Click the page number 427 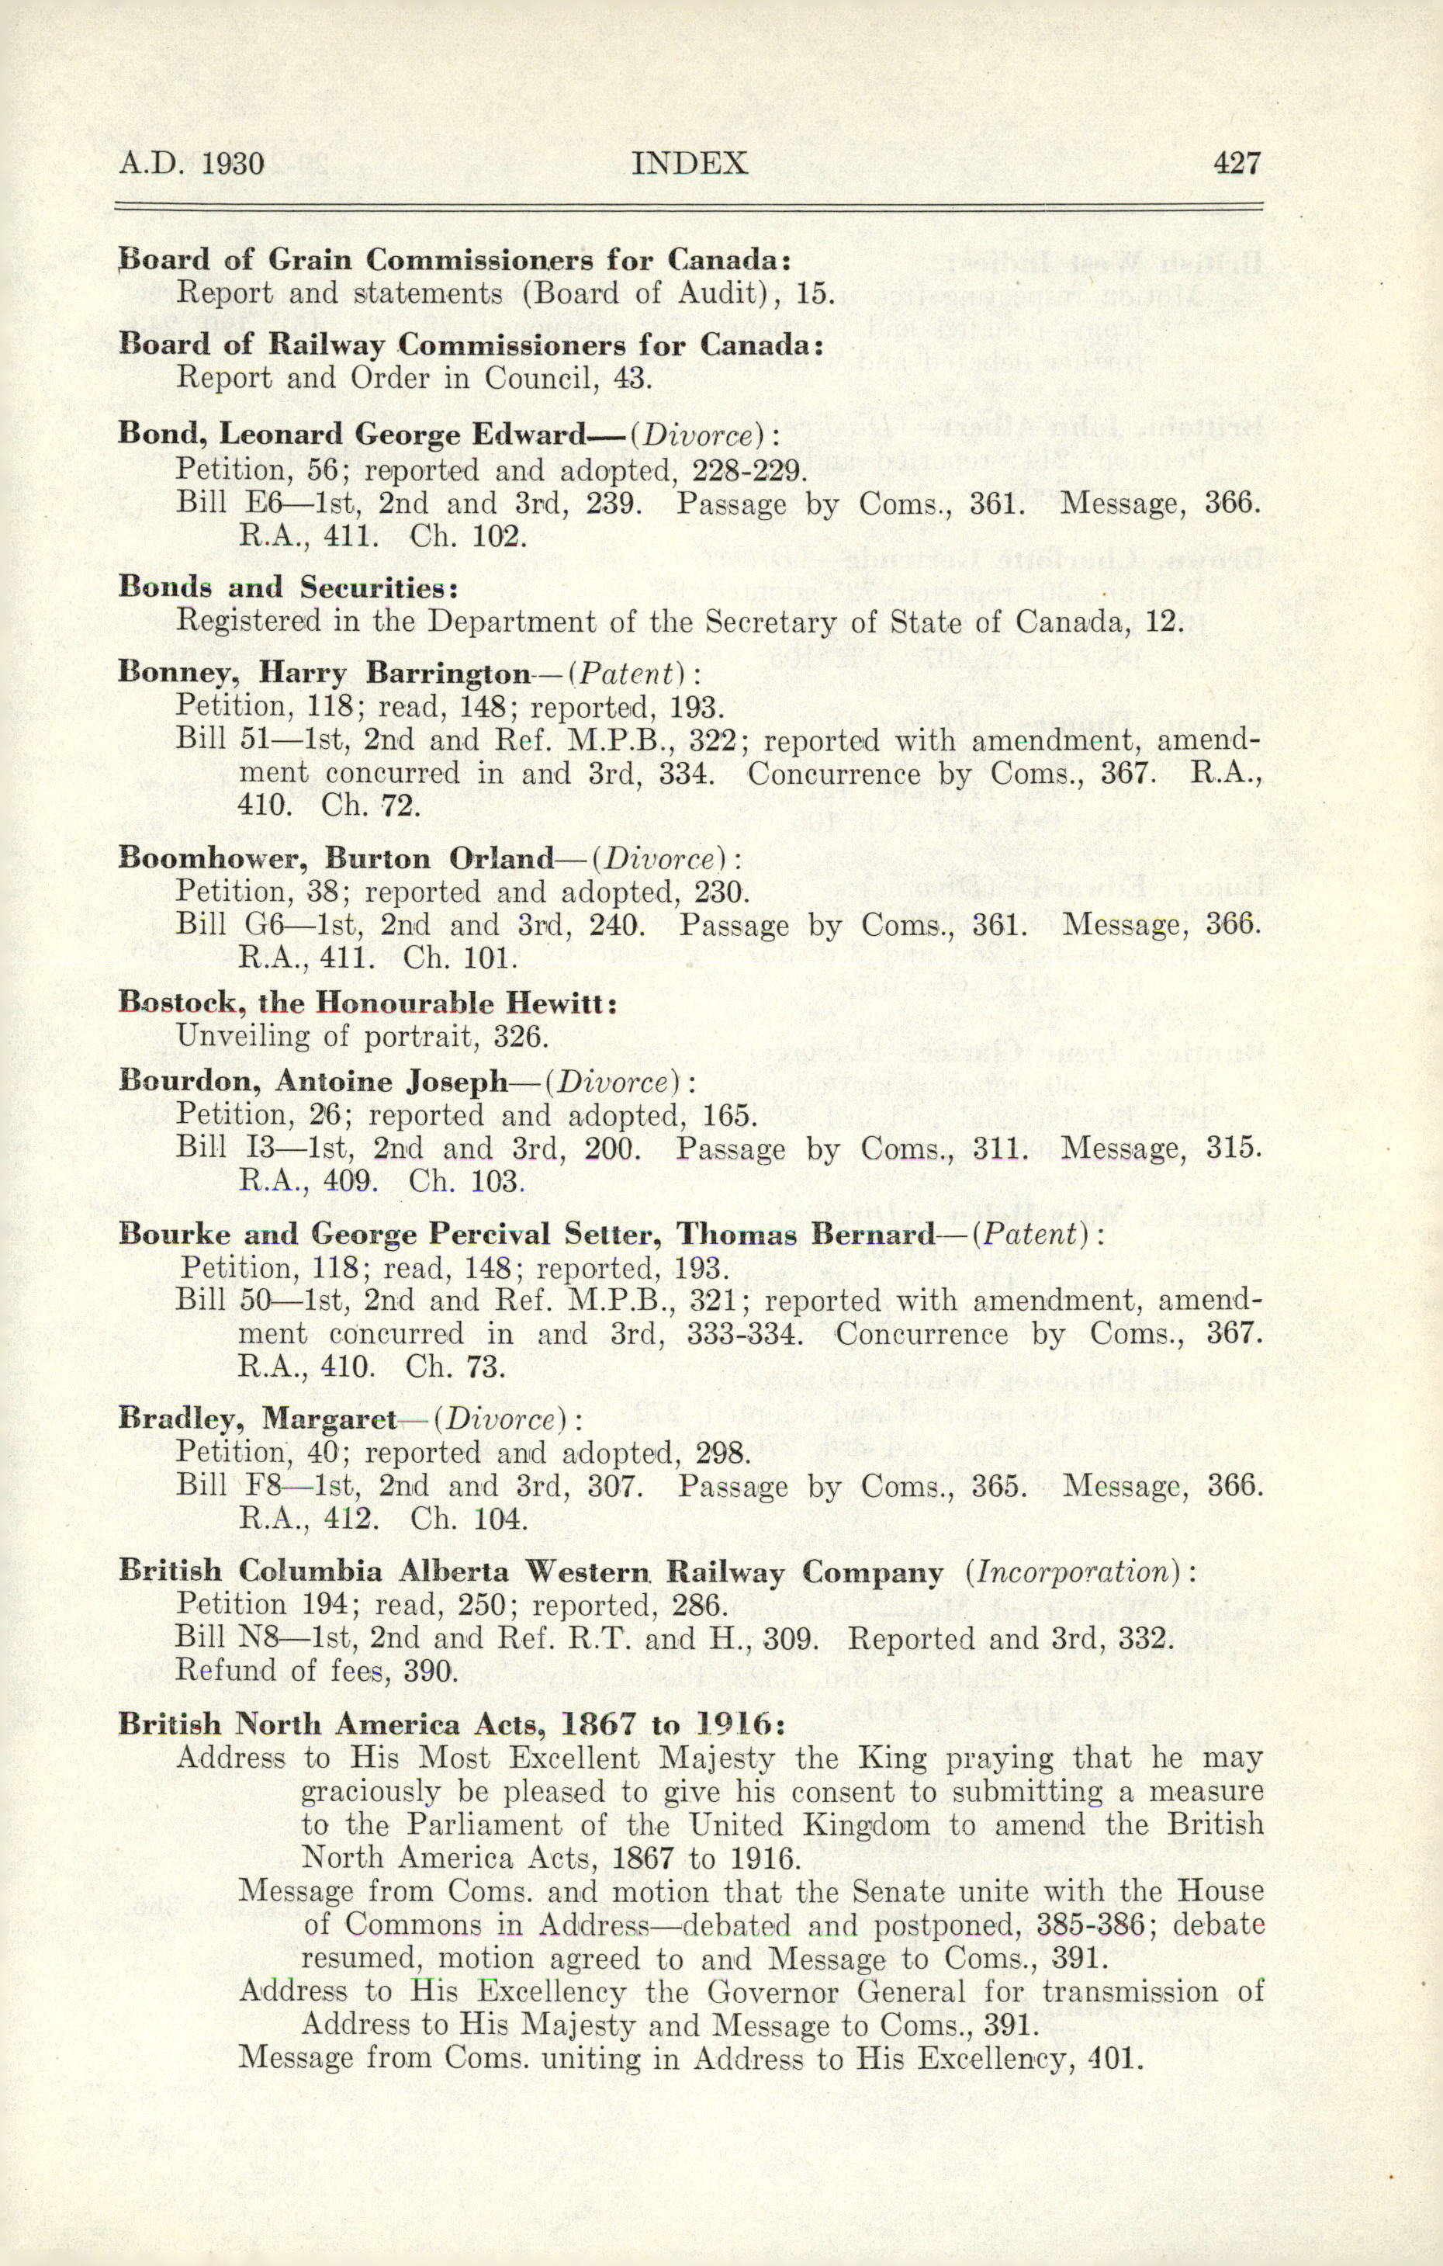1236,164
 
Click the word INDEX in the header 690,164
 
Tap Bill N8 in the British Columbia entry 226,1637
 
